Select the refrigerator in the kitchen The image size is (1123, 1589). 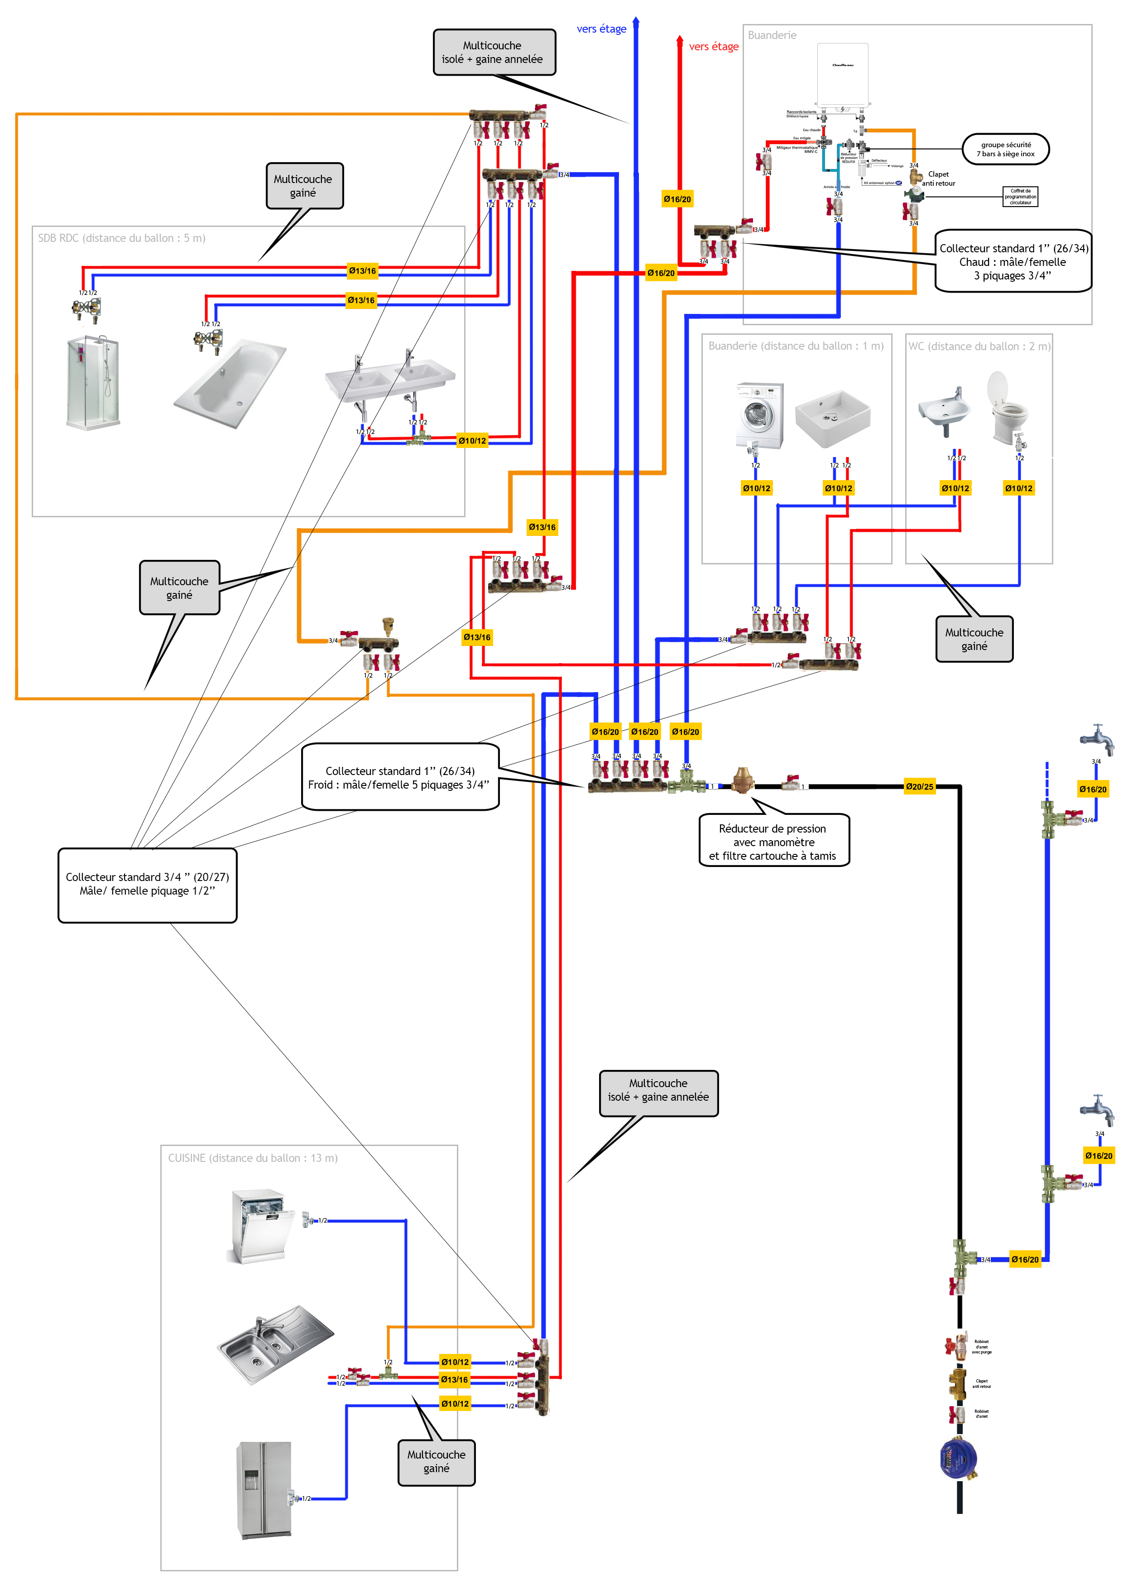click(264, 1491)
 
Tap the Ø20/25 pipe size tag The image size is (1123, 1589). click(920, 787)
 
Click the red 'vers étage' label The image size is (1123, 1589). click(713, 46)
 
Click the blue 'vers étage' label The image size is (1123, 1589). click(601, 29)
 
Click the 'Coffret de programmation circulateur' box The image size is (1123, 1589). click(1020, 197)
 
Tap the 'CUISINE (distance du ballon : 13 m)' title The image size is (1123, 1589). click(253, 1158)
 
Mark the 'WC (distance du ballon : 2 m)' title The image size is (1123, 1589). click(979, 346)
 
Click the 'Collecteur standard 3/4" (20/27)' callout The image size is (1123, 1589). click(147, 885)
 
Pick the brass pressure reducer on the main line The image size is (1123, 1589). click(743, 780)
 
